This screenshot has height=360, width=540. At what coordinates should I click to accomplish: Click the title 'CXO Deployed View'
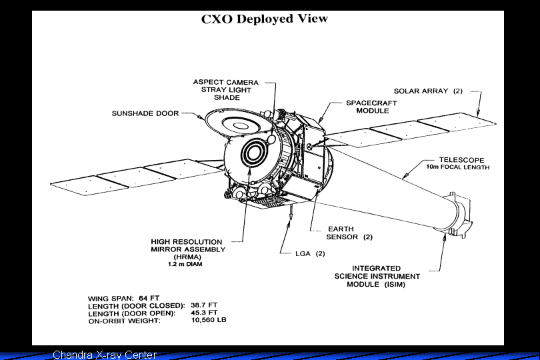coord(265,19)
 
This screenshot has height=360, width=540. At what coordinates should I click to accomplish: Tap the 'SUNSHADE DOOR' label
coord(145,113)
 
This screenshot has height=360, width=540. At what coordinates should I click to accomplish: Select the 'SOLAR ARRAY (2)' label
coord(427,91)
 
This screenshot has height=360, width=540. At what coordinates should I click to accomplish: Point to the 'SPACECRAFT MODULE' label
coord(371,107)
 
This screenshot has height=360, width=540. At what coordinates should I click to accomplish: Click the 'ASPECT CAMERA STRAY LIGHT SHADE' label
coord(227,90)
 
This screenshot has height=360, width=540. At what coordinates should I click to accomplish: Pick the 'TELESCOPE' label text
coord(461,160)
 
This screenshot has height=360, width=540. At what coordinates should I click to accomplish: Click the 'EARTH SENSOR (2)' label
coord(349,233)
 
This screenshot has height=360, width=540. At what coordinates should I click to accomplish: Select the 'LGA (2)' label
coord(310,253)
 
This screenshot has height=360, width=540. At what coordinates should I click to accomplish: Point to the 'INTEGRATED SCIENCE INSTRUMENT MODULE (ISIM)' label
coord(377,276)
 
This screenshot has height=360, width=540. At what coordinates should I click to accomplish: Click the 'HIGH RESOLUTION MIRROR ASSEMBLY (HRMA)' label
coord(188,249)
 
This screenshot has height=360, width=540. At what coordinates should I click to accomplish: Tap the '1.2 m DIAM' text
coord(185,265)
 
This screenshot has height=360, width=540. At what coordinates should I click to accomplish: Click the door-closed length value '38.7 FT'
coord(204,305)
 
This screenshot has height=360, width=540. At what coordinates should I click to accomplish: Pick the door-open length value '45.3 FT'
coord(204,313)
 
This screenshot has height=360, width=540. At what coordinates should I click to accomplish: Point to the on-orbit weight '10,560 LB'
coord(209,321)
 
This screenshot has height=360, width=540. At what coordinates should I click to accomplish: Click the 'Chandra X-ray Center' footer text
coord(105,355)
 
